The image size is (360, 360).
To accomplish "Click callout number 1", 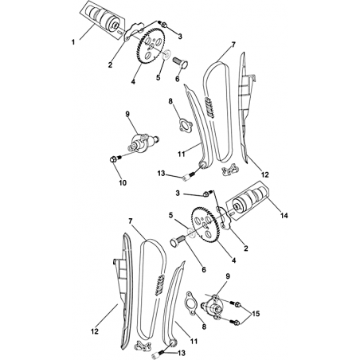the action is (x=73, y=42).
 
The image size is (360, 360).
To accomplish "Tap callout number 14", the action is (x=284, y=215).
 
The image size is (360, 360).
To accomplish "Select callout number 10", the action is (x=123, y=182).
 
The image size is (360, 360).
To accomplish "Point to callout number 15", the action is (x=256, y=314).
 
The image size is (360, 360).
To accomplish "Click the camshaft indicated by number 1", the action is (x=103, y=18).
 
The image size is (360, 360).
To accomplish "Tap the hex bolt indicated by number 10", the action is (x=115, y=158).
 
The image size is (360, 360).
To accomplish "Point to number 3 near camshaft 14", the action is (x=178, y=193).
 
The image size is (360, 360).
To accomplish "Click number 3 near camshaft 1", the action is (x=180, y=37).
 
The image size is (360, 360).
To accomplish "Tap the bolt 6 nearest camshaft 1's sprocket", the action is (x=181, y=64).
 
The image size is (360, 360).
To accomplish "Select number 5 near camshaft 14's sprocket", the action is (x=171, y=215).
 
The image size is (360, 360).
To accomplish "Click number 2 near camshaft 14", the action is (x=246, y=248).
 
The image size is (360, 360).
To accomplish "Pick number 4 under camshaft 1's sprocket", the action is (x=133, y=81).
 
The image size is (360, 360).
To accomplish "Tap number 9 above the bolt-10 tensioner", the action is (x=127, y=114).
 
